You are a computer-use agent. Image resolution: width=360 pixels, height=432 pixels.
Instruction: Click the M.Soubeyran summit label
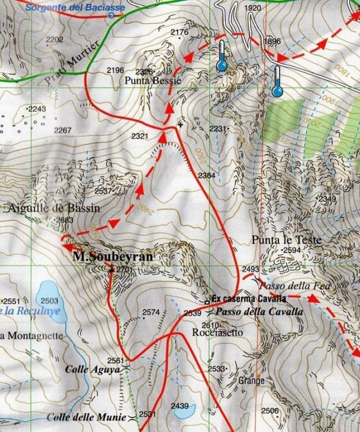[x=113, y=257]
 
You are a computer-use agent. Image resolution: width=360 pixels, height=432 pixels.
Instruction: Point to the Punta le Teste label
[x=277, y=239]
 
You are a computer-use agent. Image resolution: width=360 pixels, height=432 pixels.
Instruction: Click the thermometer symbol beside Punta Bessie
[x=222, y=56]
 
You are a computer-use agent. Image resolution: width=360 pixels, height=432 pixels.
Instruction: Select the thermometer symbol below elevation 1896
[x=278, y=82]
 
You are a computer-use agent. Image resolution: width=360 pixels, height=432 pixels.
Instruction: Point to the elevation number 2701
[x=124, y=270]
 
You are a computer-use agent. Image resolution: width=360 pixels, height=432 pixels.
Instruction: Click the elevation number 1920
[x=253, y=8]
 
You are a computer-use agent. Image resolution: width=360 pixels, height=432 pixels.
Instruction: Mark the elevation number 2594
[x=292, y=250]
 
